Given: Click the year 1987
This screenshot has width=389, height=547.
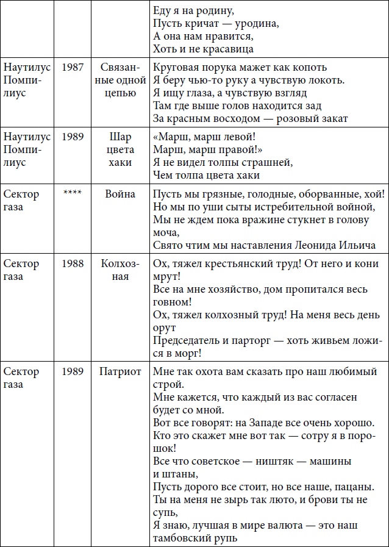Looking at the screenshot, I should click(72, 66).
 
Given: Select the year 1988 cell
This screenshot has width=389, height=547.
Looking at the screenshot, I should click(72, 264).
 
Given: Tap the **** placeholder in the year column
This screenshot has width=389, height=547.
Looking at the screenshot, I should click(72, 195).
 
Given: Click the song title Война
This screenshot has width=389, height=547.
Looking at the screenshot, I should click(120, 195).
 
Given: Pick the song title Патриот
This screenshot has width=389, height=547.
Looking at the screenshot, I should click(120, 371).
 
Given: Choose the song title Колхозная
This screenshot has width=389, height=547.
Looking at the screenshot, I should click(120, 270).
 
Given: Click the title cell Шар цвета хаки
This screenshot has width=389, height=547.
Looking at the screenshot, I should click(120, 150).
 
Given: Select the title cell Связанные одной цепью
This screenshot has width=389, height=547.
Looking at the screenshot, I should click(120, 80).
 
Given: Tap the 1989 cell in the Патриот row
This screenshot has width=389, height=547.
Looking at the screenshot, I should click(72, 371).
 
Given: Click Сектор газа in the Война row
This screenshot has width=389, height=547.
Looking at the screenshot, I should click(21, 201).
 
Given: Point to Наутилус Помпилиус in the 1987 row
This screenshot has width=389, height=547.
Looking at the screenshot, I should click(27, 80).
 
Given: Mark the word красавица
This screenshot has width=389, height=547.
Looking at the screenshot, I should click(227, 49).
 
